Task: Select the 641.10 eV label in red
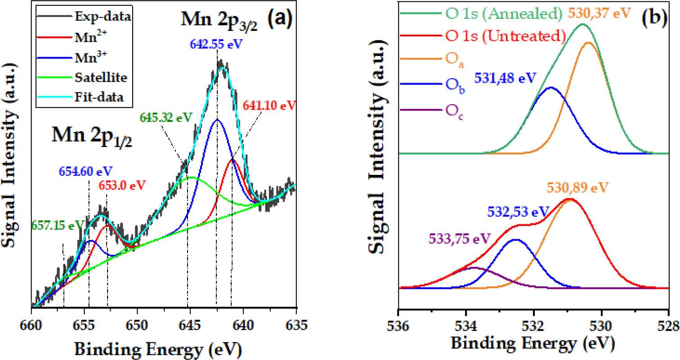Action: coord(269,106)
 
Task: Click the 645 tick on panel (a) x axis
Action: coord(190,323)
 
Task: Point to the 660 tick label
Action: coord(31,323)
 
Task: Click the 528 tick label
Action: coord(667,324)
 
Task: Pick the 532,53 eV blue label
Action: coord(518,212)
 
